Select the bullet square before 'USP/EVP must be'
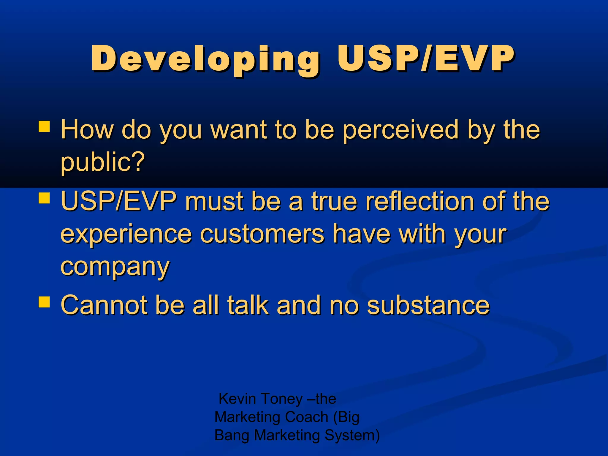(x=44, y=198)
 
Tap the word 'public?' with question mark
(x=102, y=163)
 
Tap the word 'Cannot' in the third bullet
(x=104, y=305)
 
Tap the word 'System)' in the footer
(x=352, y=436)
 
